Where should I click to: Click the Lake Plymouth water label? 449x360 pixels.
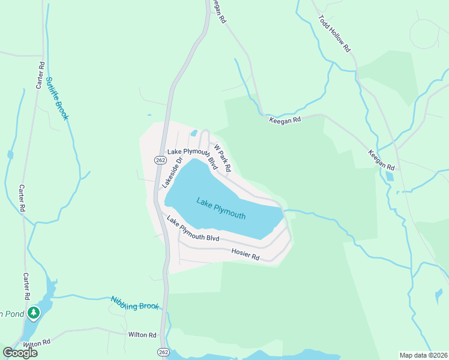pos(220,208)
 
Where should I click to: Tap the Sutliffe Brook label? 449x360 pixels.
pos(58,98)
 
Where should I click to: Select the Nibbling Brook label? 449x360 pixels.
pos(135,302)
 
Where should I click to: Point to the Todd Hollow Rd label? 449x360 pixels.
pos(334,33)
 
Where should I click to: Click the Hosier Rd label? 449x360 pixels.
pos(245,254)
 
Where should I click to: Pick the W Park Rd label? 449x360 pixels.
pos(222,158)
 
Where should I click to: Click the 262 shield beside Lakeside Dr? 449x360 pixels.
pos(160,160)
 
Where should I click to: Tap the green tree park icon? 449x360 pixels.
pos(34,313)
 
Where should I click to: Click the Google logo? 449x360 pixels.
pos(20,352)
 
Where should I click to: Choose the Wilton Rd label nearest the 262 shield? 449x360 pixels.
pos(142,334)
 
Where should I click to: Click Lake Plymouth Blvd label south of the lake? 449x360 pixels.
pos(193,229)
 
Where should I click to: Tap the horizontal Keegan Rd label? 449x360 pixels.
pos(285,120)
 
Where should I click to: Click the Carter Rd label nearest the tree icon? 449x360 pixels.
pos(26,286)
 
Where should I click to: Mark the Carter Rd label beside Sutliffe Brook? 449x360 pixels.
pos(40,75)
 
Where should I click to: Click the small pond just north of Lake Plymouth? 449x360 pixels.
pos(194,133)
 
